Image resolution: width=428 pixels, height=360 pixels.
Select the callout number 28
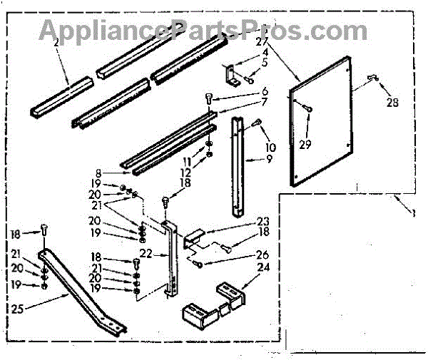click(x=391, y=102)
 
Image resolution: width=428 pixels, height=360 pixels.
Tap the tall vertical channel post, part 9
click(x=238, y=168)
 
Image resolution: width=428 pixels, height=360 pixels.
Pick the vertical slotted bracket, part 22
click(x=169, y=260)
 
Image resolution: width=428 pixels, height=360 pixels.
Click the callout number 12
click(x=187, y=173)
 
